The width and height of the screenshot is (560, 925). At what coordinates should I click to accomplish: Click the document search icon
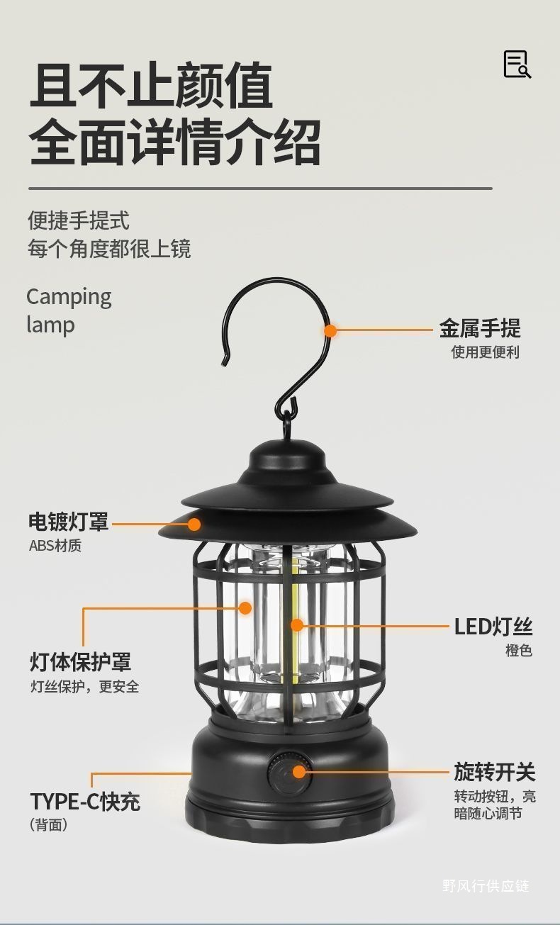pyautogui.click(x=517, y=65)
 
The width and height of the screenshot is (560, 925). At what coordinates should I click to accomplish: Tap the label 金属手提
pyautogui.click(x=479, y=329)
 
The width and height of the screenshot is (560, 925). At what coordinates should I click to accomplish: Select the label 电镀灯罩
pyautogui.click(x=69, y=522)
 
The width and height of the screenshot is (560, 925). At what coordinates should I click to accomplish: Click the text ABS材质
pyautogui.click(x=55, y=546)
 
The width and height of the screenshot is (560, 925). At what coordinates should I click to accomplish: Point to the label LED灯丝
pyautogui.click(x=493, y=627)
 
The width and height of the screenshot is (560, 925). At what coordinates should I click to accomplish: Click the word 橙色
pyautogui.click(x=518, y=651)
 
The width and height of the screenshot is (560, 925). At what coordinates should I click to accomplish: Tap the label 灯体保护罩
pyautogui.click(x=80, y=662)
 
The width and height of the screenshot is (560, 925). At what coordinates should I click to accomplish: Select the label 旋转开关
pyautogui.click(x=494, y=772)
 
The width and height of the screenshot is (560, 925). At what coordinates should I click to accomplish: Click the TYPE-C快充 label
pyautogui.click(x=85, y=802)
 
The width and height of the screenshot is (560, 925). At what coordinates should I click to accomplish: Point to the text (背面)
pyautogui.click(x=49, y=825)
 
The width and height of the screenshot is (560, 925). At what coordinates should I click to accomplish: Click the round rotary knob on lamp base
pyautogui.click(x=289, y=772)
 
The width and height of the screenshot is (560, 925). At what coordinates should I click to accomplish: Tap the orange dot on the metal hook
pyautogui.click(x=330, y=330)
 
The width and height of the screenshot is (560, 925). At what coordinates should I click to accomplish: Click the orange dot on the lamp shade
pyautogui.click(x=194, y=525)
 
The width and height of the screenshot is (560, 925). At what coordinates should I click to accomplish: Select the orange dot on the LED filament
pyautogui.click(x=297, y=625)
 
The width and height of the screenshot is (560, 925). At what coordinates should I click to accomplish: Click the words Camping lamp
pyautogui.click(x=69, y=310)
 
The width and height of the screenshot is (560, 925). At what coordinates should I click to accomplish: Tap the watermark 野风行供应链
pyautogui.click(x=486, y=885)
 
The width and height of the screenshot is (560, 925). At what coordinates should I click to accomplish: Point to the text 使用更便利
pyautogui.click(x=485, y=352)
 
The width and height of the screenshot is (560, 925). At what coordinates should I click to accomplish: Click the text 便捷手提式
pyautogui.click(x=79, y=220)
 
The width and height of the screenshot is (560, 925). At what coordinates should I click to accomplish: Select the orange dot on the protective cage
pyautogui.click(x=245, y=607)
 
